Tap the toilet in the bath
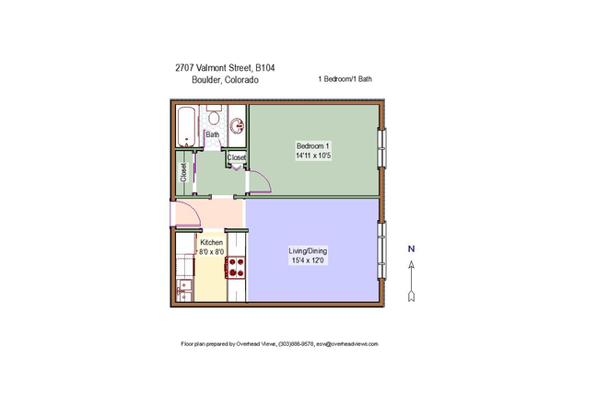214,119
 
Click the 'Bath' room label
212,135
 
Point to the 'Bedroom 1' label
312,145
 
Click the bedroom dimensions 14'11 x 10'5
313,156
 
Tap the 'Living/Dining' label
308,250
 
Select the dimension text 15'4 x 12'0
308,261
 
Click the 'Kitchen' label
212,242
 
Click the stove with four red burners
235,267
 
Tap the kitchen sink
185,286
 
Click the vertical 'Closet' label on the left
183,171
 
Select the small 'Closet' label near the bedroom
237,157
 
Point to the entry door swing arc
188,214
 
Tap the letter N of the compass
412,249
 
